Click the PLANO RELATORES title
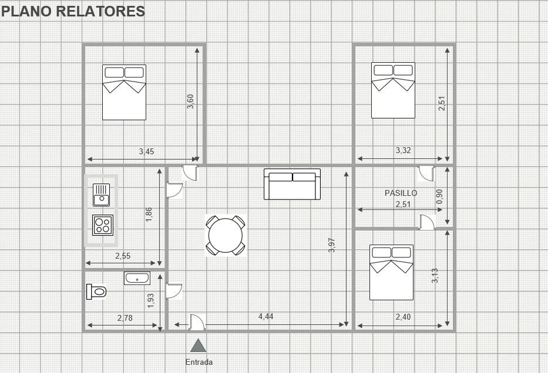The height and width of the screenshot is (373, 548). (x=73, y=11)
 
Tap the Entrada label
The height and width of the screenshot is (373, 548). (x=199, y=362)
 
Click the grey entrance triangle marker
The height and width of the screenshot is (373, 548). (x=198, y=345)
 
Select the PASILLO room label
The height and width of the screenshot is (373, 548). (x=401, y=193)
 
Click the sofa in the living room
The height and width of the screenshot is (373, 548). (x=292, y=184)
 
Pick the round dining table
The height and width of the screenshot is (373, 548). (x=226, y=235)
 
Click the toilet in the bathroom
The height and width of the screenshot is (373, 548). (x=96, y=291)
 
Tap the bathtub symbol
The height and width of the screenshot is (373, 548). (x=137, y=278)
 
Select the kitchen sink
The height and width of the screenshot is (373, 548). (x=102, y=195)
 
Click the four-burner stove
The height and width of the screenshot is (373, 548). (x=103, y=225)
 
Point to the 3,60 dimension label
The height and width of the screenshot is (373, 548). (x=190, y=101)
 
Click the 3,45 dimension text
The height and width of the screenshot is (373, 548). (x=146, y=151)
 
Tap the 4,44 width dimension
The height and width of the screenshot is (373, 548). (x=266, y=316)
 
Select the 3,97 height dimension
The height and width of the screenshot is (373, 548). (x=332, y=245)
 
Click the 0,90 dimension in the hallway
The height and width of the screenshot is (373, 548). (x=440, y=197)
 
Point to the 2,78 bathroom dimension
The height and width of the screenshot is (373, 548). (x=125, y=318)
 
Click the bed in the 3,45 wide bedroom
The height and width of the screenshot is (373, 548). (x=124, y=92)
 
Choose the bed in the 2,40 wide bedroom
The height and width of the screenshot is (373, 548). (x=391, y=272)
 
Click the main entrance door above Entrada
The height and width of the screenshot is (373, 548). (x=197, y=323)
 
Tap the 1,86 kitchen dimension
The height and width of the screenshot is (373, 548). (x=149, y=215)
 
